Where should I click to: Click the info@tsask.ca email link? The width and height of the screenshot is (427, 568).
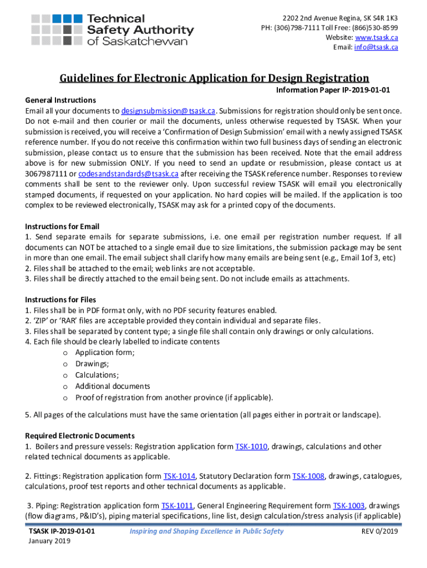pos(377,47)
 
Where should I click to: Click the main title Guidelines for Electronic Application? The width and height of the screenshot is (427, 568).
pos(214,78)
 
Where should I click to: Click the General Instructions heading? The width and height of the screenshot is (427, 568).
pos(60,100)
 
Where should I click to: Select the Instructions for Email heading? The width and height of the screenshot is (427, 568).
pos(62,226)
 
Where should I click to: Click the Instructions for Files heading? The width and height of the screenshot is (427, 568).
pos(60,300)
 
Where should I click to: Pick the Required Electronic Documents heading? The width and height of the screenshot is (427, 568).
pos(80,436)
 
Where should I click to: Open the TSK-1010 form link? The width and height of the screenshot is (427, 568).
pos(252,447)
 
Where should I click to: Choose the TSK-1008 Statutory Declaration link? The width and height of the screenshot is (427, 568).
pos(308,476)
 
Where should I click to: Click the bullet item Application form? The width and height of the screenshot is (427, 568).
pos(105,353)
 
